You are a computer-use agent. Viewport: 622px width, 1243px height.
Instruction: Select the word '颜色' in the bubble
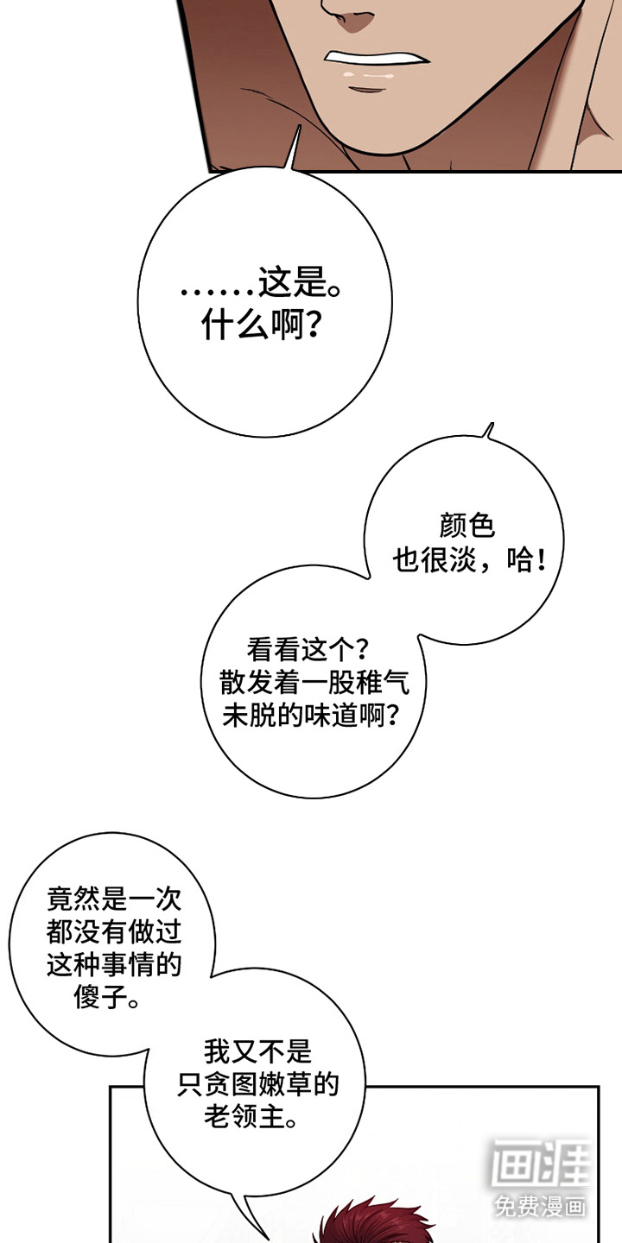coord(466,527)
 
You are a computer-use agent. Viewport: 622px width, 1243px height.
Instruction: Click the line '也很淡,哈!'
coord(469,561)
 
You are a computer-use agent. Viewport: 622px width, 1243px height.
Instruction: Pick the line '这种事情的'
coord(113,965)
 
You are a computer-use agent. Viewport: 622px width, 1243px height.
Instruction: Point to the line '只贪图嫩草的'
coord(257,1085)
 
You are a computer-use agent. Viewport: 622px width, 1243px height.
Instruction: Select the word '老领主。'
coord(257,1119)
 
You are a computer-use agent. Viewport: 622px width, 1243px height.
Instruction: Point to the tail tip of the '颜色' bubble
coord(491,425)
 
